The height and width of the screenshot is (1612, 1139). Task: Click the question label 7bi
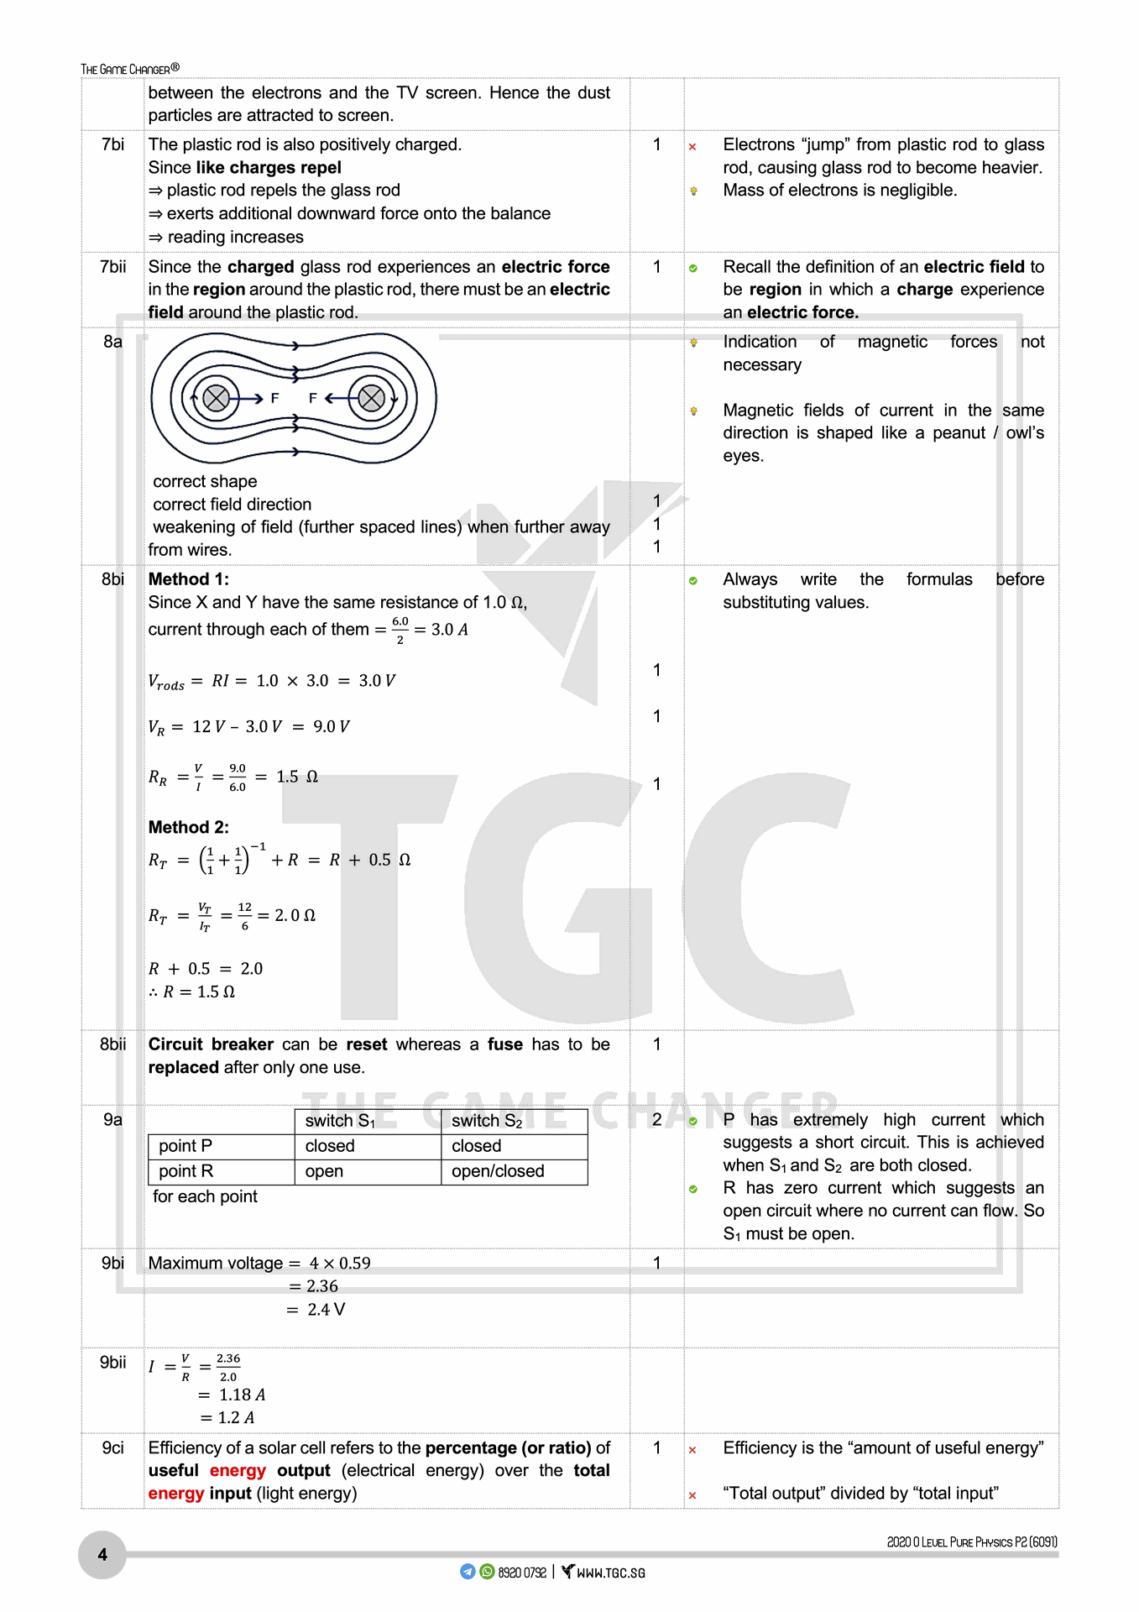[x=112, y=144]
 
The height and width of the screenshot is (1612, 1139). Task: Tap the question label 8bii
[x=112, y=1044]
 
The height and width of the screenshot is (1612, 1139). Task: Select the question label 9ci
[x=112, y=1447]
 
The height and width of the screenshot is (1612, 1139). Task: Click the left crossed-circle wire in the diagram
[x=216, y=398]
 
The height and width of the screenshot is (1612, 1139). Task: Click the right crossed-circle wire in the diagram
[x=371, y=398]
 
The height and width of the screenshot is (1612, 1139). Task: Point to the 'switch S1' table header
[x=340, y=1121]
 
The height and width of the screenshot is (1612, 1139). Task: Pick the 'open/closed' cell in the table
[x=498, y=1171]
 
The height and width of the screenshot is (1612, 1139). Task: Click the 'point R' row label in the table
[x=185, y=1171]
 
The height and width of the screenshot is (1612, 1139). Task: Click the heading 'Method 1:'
[x=188, y=579]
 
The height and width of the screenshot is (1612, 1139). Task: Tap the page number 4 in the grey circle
[x=102, y=1555]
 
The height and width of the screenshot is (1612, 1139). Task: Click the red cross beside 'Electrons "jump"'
[x=692, y=147]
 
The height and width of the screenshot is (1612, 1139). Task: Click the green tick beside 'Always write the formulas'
[x=692, y=581]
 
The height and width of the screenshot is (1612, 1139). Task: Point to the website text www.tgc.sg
[x=610, y=1573]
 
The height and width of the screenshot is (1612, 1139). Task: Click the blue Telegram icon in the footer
[x=468, y=1572]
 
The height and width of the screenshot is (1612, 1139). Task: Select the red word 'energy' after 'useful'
[x=238, y=1470]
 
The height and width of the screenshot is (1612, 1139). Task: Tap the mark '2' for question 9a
[x=656, y=1119]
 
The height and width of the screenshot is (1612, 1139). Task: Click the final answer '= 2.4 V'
[x=316, y=1309]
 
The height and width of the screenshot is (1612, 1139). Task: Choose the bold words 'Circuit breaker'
[x=211, y=1044]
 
